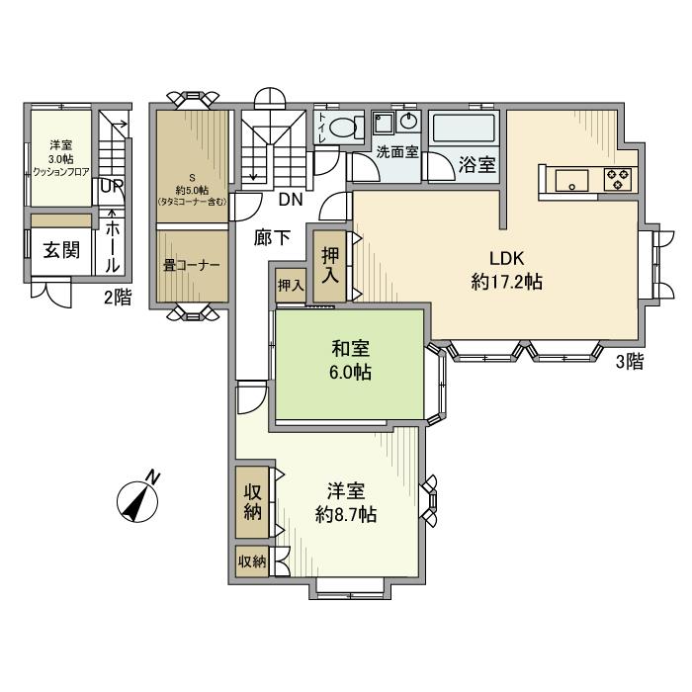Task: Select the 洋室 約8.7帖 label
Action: click(345, 502)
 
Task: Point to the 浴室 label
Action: click(477, 165)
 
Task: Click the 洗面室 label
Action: click(397, 153)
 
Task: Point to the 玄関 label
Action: click(60, 249)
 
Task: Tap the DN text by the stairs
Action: click(290, 199)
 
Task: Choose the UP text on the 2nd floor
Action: click(111, 186)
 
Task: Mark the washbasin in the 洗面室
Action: click(409, 124)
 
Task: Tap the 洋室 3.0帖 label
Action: click(61, 157)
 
